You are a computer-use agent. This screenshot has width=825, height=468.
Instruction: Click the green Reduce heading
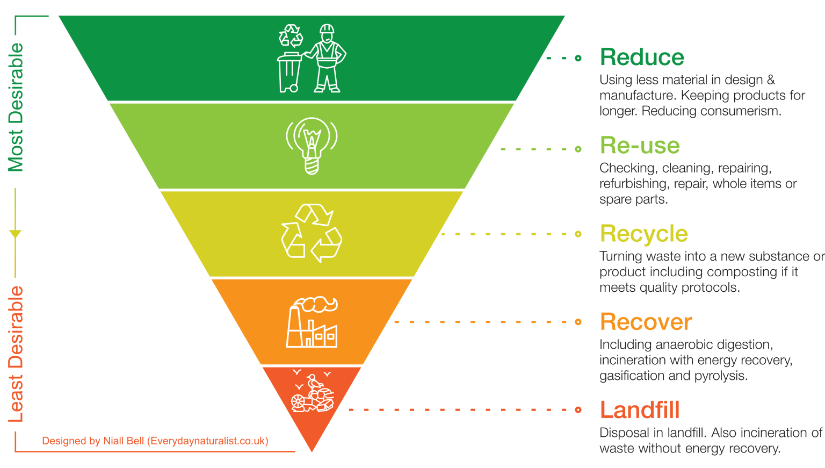pyautogui.click(x=642, y=57)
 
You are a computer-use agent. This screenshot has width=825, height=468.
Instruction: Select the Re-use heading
pyautogui.click(x=640, y=146)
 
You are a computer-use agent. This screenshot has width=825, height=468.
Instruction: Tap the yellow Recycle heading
pyautogui.click(x=643, y=234)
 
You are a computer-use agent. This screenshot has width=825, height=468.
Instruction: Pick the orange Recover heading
pyautogui.click(x=646, y=322)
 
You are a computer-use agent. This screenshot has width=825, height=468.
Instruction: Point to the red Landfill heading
pyautogui.click(x=639, y=410)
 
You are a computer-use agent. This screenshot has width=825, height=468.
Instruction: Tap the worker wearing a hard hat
pyautogui.click(x=327, y=59)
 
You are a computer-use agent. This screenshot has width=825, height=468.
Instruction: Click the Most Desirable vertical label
pyautogui.click(x=16, y=107)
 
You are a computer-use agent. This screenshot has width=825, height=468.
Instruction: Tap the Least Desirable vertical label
pyautogui.click(x=16, y=355)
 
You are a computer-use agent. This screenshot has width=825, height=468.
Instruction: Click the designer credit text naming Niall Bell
pyautogui.click(x=155, y=441)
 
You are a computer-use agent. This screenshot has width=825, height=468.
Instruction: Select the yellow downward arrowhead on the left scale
pyautogui.click(x=15, y=234)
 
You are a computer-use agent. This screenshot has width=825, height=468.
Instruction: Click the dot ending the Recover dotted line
pyautogui.click(x=578, y=322)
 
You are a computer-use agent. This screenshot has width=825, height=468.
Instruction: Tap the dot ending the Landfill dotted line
pyautogui.click(x=578, y=410)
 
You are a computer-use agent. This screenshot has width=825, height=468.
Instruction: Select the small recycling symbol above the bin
pyautogui.click(x=291, y=35)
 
